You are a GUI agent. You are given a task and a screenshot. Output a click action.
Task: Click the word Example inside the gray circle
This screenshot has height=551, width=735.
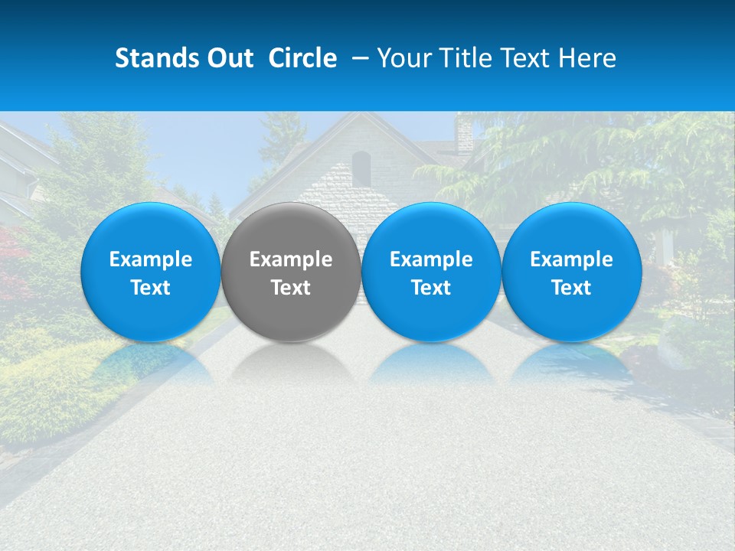(291, 259)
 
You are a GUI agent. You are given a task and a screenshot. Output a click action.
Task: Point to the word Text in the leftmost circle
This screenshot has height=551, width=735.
(151, 288)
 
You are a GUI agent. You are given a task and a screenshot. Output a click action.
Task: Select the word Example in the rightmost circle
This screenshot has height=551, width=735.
(572, 259)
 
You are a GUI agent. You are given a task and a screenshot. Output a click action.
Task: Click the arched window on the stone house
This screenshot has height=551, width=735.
(361, 168)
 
